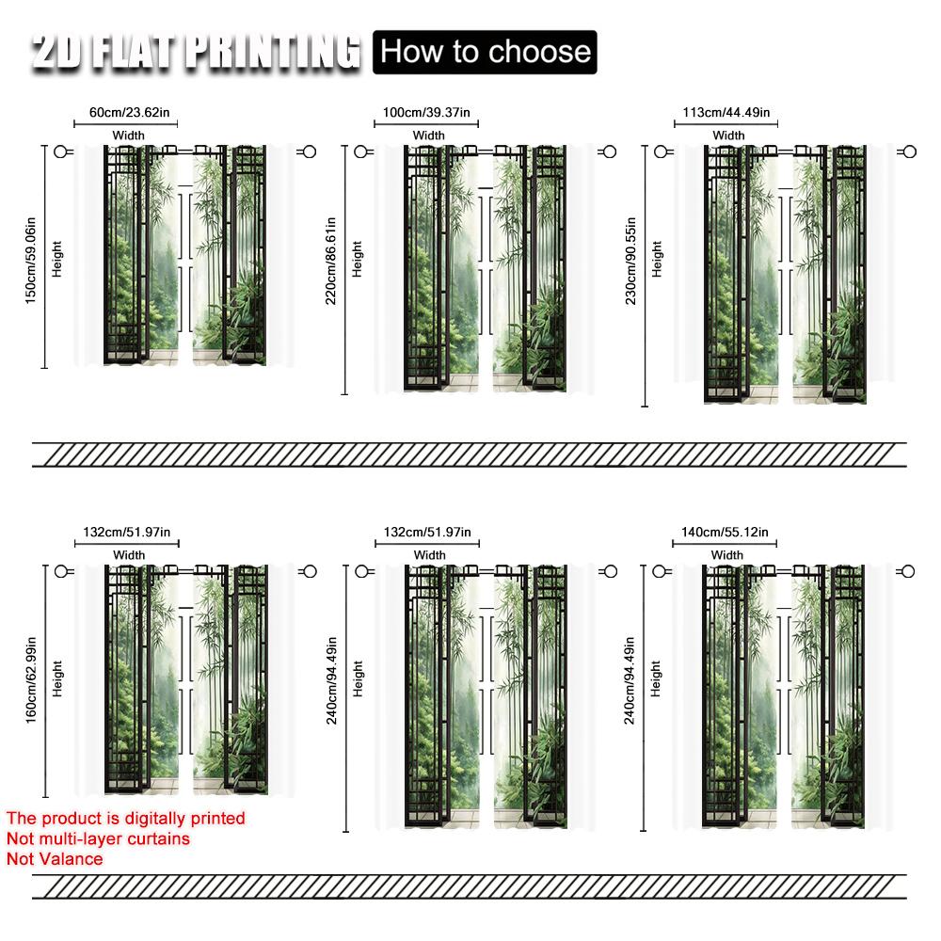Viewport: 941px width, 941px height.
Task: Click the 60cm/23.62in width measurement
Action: tap(130, 113)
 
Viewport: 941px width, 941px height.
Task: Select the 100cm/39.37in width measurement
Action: tap(427, 113)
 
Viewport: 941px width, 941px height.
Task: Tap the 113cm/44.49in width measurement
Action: tap(726, 113)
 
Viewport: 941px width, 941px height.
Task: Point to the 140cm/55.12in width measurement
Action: tap(726, 533)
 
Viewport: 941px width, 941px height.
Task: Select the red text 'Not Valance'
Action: tap(55, 858)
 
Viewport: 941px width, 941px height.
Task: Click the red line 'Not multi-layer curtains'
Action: tap(98, 838)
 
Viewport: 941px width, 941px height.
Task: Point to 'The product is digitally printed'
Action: tap(125, 819)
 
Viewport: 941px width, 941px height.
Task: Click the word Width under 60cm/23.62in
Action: tap(129, 136)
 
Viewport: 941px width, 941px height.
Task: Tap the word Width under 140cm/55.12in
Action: tap(726, 555)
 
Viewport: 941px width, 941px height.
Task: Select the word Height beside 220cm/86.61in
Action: tap(358, 260)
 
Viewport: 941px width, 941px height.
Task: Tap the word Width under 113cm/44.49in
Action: tap(727, 136)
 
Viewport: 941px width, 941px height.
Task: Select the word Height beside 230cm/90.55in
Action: tap(657, 260)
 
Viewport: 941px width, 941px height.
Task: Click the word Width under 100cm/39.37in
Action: tap(428, 136)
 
